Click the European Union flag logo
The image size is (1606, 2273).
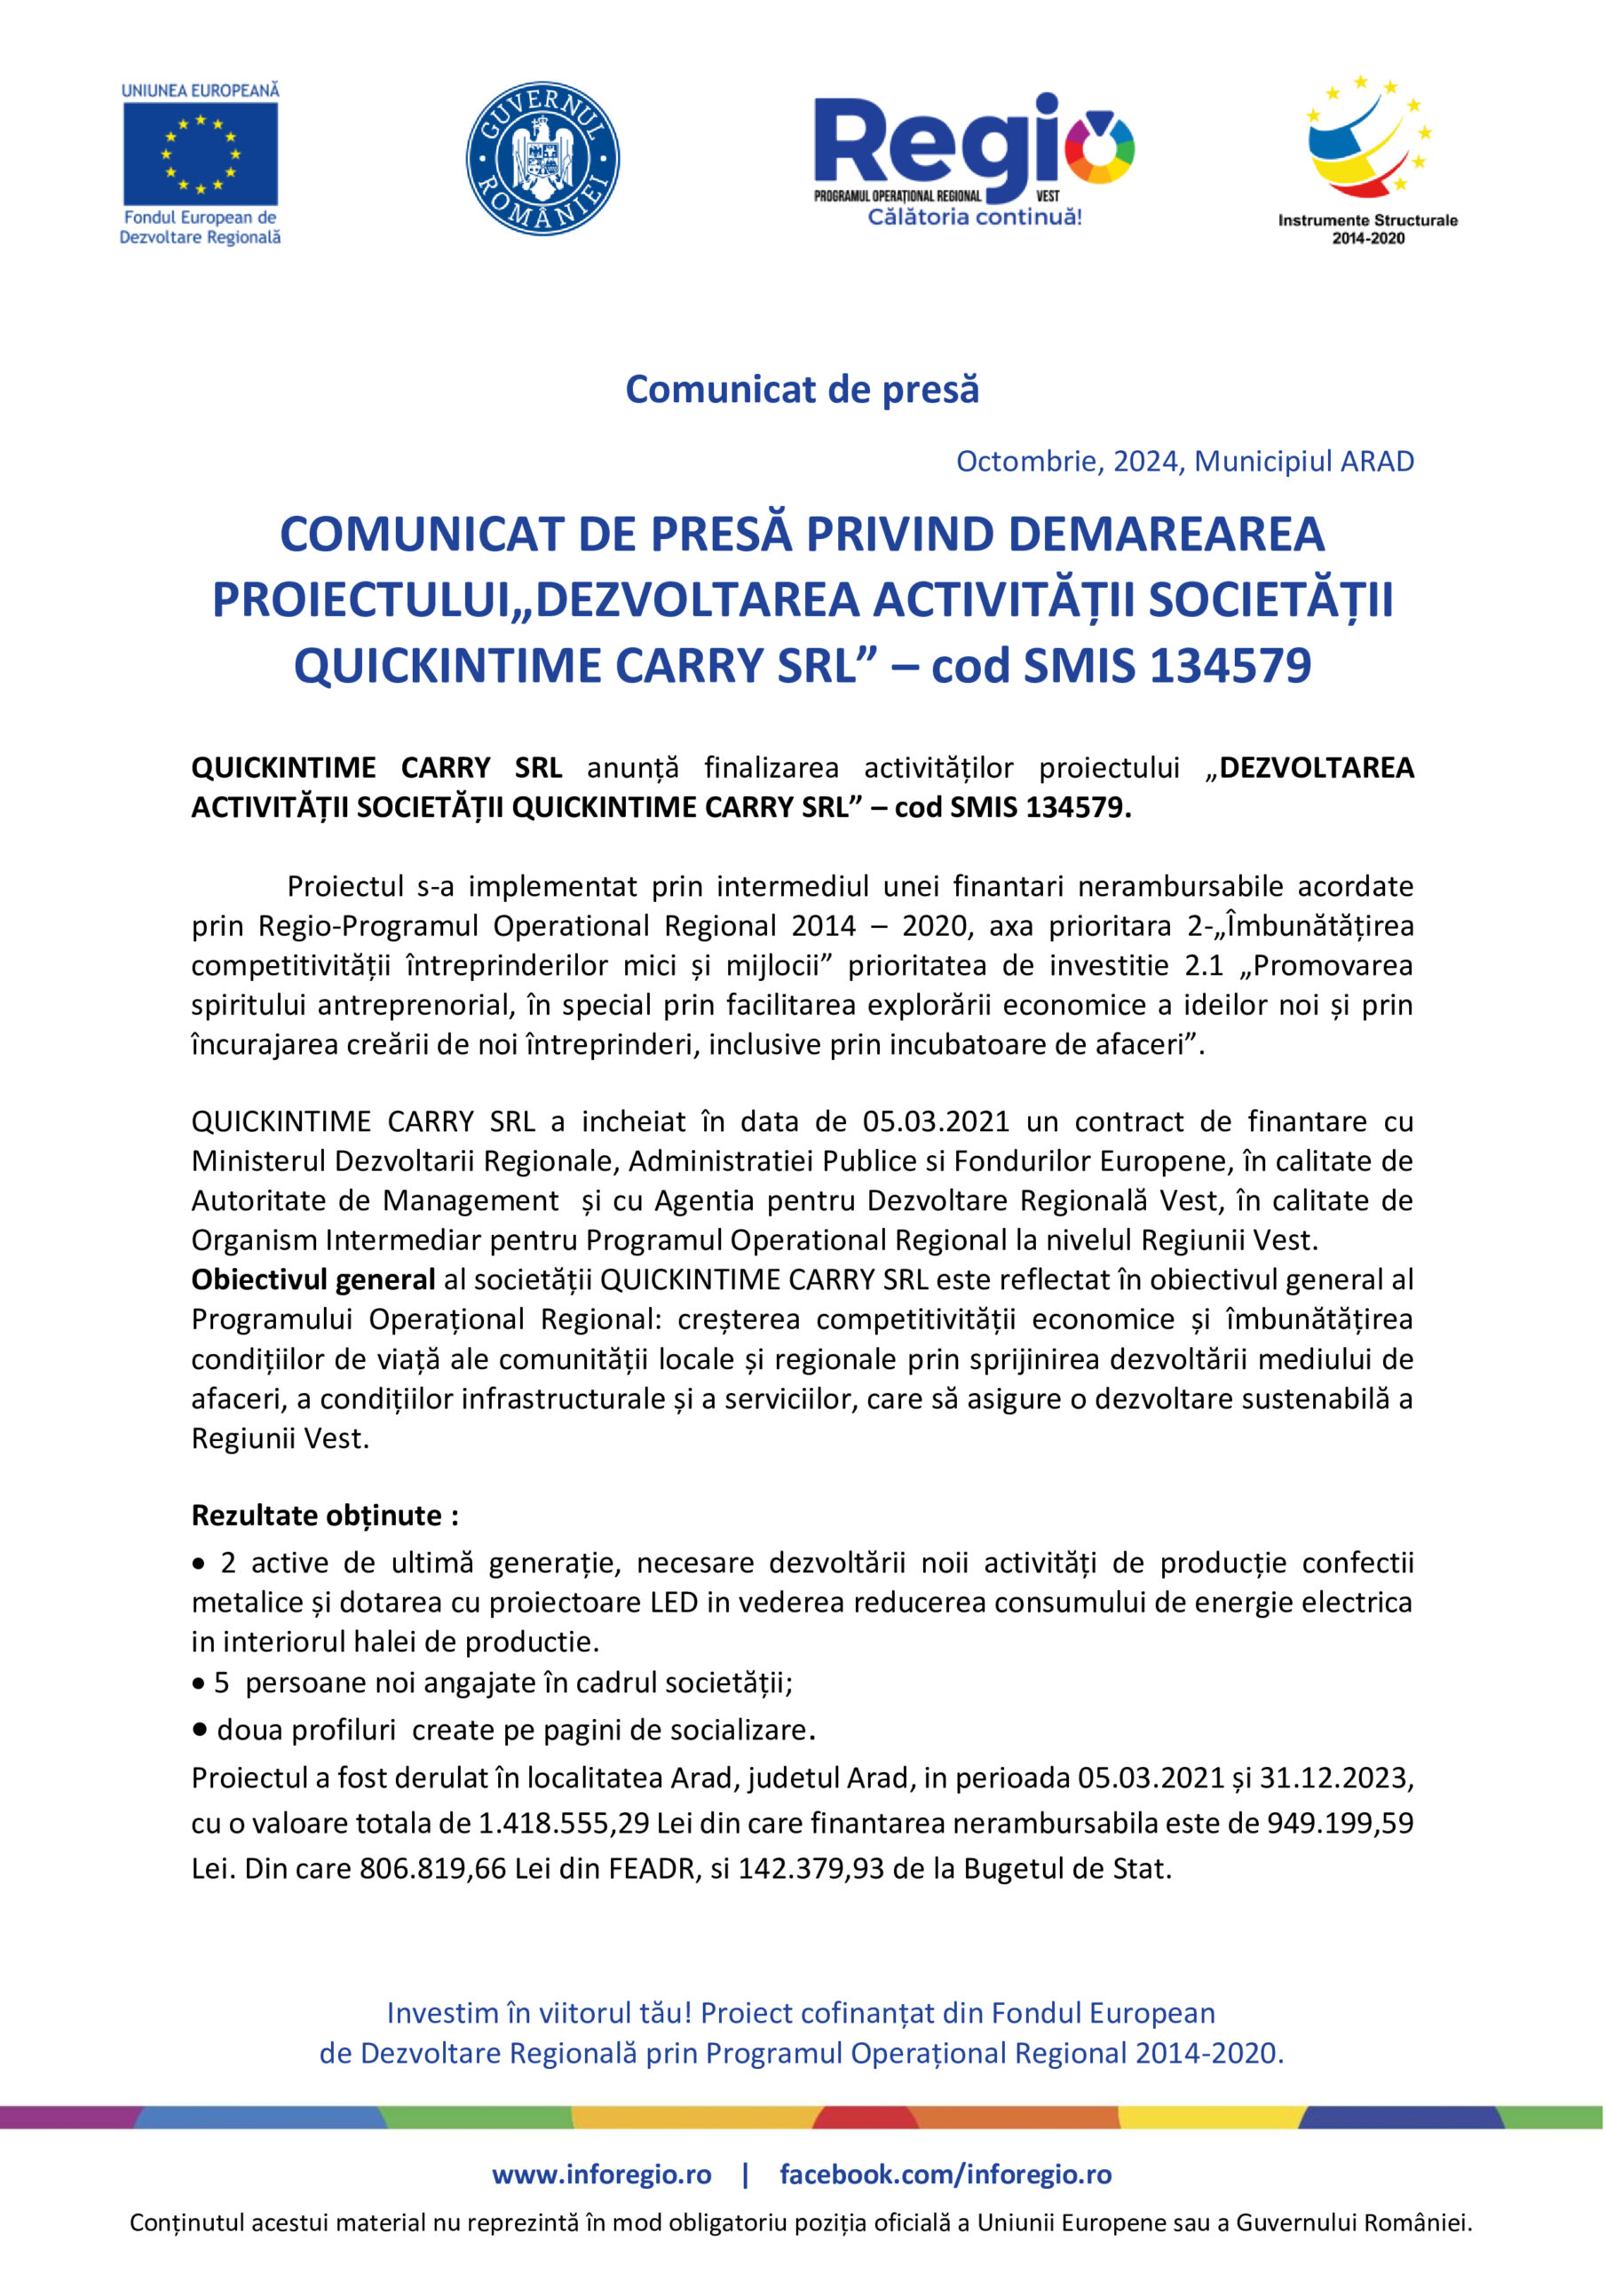point(200,154)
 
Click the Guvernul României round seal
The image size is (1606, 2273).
point(542,158)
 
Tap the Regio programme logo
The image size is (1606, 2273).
point(974,158)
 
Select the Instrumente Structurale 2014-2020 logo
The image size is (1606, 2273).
point(1367,158)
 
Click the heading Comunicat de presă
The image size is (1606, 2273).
point(802,390)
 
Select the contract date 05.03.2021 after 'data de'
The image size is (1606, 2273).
point(936,1121)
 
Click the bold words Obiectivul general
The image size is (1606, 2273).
point(312,1280)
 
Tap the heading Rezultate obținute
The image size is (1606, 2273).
point(325,1516)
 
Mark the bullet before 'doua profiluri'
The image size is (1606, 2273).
point(200,1730)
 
